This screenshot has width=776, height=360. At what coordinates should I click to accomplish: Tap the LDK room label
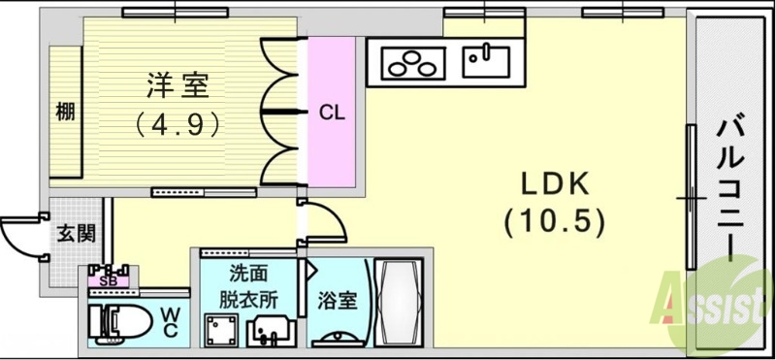coord(553,183)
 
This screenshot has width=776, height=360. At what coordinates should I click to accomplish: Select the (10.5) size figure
coord(554,222)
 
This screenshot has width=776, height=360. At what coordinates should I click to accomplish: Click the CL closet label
coord(332,112)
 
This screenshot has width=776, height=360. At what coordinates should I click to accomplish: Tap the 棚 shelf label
coord(65,112)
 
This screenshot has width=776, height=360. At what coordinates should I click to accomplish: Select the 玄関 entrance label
coord(75,233)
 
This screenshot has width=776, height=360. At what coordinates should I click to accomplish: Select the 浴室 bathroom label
coord(337,300)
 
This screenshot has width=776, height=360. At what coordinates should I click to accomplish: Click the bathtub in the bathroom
coord(397,301)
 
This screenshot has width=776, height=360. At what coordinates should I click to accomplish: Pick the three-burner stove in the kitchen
coord(411,65)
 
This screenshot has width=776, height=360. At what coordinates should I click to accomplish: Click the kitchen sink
coord(486,62)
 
